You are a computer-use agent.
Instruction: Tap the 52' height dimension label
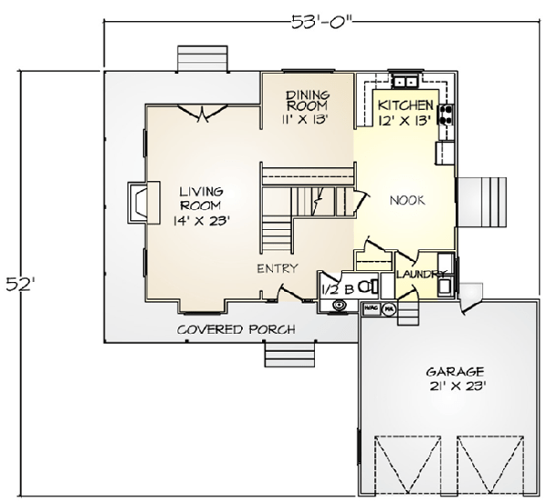[x=22, y=284]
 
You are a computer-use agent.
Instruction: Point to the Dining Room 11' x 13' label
[x=307, y=105]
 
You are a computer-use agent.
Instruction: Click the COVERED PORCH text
[x=236, y=329]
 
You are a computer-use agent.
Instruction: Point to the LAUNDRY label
[x=420, y=274]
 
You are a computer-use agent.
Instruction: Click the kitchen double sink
[x=405, y=77]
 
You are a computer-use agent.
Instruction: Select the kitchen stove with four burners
[x=447, y=115]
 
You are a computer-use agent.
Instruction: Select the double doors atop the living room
[x=202, y=111]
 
